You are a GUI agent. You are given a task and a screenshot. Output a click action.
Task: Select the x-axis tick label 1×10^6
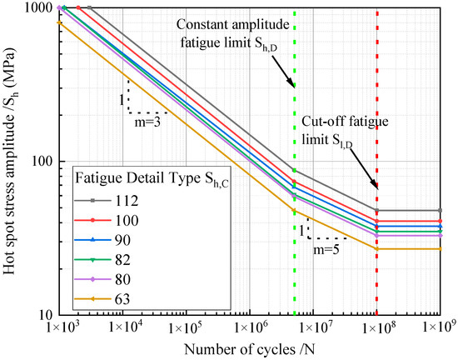[x=249, y=327]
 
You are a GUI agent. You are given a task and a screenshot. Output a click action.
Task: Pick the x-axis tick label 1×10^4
[x=122, y=327]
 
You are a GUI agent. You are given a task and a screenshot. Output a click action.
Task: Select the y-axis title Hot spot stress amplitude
[x=11, y=162]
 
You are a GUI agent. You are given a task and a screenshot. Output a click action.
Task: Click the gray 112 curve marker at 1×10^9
[x=440, y=211]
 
